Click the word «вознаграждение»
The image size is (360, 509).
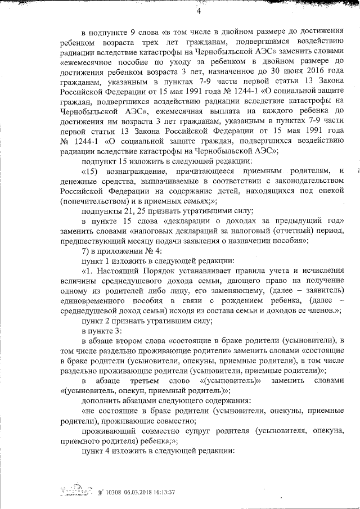[134, 170]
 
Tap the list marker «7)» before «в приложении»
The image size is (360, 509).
[86, 250]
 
